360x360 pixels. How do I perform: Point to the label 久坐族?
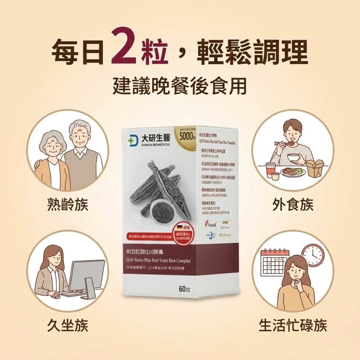pos(68,325)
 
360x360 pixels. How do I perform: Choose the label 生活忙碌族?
pos(293,325)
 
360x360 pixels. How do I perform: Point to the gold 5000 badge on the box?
pos(185,135)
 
